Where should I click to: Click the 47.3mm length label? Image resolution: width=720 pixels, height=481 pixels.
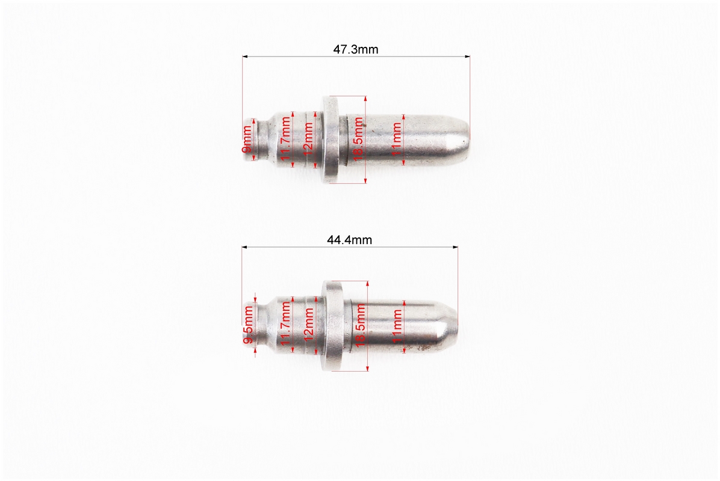click(x=356, y=49)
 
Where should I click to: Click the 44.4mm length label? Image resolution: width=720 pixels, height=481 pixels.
click(x=349, y=240)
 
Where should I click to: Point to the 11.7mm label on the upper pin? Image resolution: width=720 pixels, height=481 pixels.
click(x=286, y=141)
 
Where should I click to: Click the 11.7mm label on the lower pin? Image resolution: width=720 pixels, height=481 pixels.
click(x=286, y=325)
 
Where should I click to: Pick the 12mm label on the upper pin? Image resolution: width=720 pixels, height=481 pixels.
click(x=308, y=138)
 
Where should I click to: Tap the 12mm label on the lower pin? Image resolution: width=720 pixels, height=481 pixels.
click(x=309, y=323)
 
